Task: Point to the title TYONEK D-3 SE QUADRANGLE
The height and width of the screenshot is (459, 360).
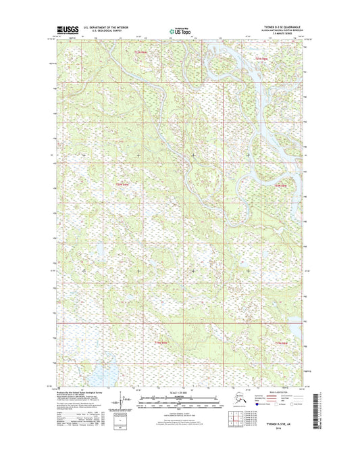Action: (x=278, y=28)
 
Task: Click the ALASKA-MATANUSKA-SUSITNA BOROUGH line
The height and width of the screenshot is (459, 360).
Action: (x=278, y=31)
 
